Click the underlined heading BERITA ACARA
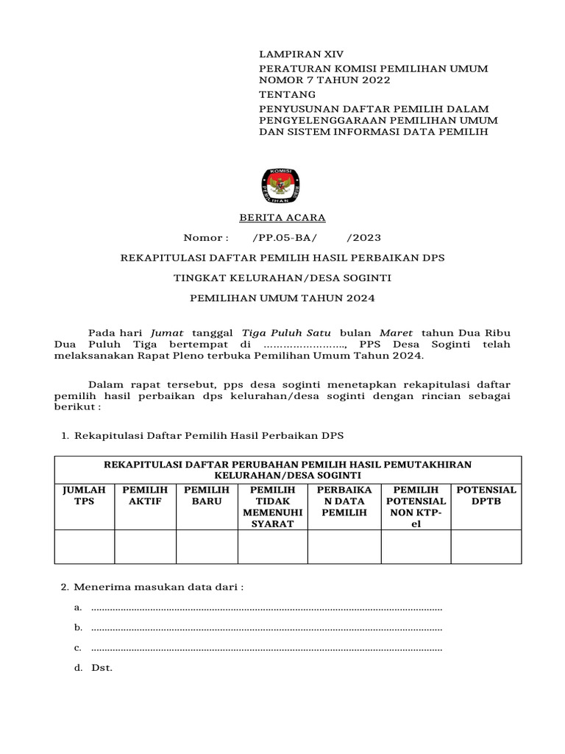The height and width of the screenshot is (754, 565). pyautogui.click(x=282, y=218)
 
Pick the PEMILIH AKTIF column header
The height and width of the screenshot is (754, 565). pyautogui.click(x=145, y=496)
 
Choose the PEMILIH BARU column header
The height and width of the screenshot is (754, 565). pyautogui.click(x=207, y=496)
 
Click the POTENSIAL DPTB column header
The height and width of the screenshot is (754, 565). pyautogui.click(x=486, y=496)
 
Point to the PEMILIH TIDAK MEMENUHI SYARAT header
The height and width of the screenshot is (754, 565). pyautogui.click(x=272, y=507)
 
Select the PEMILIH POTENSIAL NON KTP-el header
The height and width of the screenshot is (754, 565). pyautogui.click(x=416, y=507)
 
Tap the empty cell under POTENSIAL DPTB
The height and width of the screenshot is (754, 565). pyautogui.click(x=486, y=546)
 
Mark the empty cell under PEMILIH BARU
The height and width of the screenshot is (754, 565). pyautogui.click(x=207, y=546)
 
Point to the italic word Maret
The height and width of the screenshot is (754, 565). pyautogui.click(x=396, y=333)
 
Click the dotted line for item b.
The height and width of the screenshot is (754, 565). pyautogui.click(x=266, y=628)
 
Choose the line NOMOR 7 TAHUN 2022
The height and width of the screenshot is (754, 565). pyautogui.click(x=324, y=80)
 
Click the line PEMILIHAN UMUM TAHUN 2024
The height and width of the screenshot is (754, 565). pyautogui.click(x=282, y=298)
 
